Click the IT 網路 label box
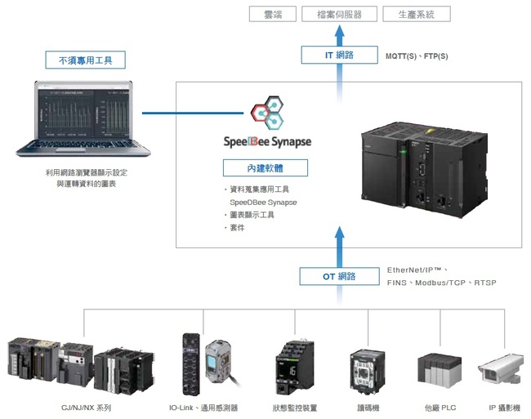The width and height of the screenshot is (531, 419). click(x=337, y=56)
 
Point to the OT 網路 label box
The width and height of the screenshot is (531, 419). click(x=337, y=276)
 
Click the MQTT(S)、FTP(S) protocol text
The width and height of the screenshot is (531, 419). click(x=417, y=56)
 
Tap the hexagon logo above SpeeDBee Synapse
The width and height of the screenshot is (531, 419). click(x=267, y=114)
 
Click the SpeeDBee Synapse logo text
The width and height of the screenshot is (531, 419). click(x=267, y=141)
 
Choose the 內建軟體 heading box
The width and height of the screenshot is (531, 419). click(x=266, y=168)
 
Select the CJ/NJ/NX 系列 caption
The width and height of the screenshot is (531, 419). click(x=86, y=407)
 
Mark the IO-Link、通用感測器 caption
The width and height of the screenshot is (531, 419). click(x=203, y=407)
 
